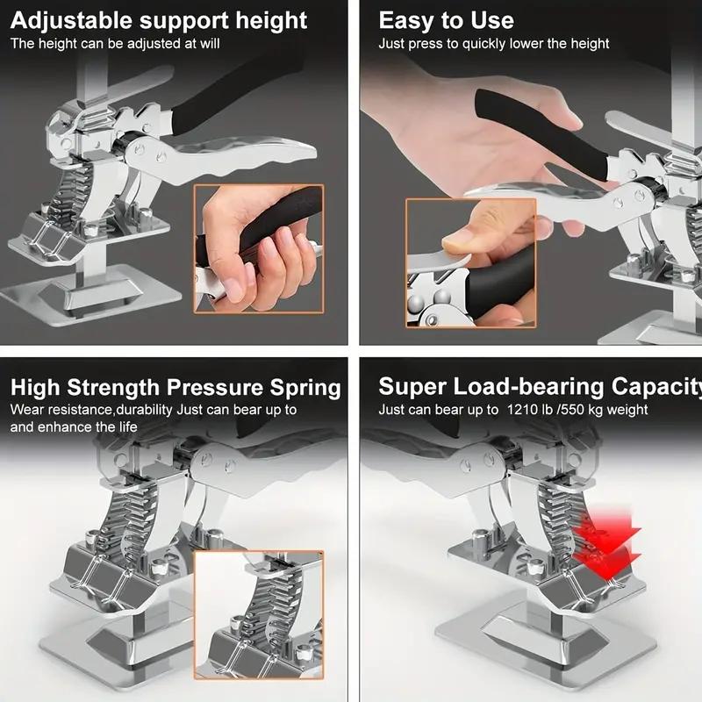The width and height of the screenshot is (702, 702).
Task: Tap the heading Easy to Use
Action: click(x=446, y=20)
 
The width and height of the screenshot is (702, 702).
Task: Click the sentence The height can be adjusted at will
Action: click(x=115, y=43)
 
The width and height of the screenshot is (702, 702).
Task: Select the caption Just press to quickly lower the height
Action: click(x=493, y=43)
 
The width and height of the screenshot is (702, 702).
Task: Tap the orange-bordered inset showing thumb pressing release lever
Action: click(x=470, y=274)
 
